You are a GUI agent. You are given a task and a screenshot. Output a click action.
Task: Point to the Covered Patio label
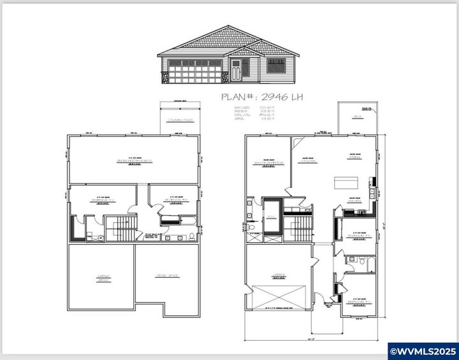(x=180, y=120)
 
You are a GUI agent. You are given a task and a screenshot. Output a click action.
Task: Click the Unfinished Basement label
(x=135, y=161)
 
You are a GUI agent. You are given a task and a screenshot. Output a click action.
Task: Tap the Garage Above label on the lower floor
(x=103, y=278)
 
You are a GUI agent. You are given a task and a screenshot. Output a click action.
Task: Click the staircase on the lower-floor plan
(x=120, y=227)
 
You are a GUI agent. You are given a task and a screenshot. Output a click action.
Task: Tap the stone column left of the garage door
(x=164, y=78)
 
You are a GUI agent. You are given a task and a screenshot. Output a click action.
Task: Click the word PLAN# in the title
(x=239, y=97)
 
